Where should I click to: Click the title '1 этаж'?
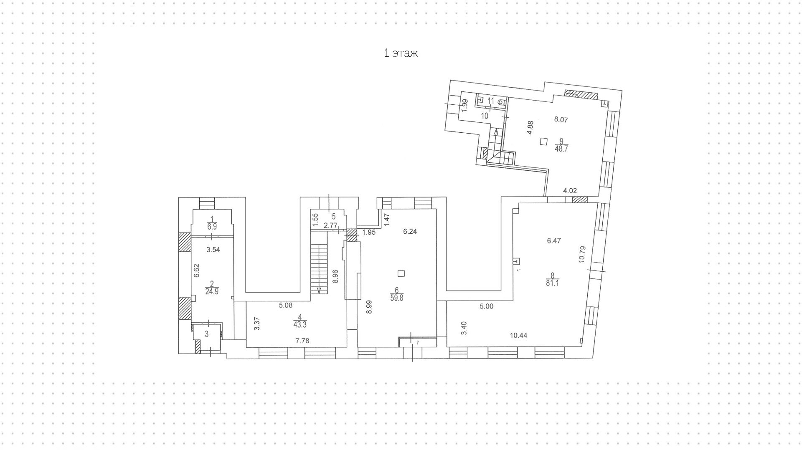(x=401, y=53)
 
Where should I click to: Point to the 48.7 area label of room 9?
(x=561, y=149)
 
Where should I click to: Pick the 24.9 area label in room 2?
(x=212, y=292)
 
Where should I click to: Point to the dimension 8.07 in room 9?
(x=561, y=119)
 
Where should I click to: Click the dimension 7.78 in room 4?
(x=302, y=341)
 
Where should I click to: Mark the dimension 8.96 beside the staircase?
(x=335, y=276)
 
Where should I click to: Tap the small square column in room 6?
(x=401, y=273)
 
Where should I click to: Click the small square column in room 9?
(x=543, y=142)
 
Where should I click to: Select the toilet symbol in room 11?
(x=502, y=101)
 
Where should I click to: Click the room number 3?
(x=206, y=334)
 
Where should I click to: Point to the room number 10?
(x=485, y=116)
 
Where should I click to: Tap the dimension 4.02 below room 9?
(x=570, y=191)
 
